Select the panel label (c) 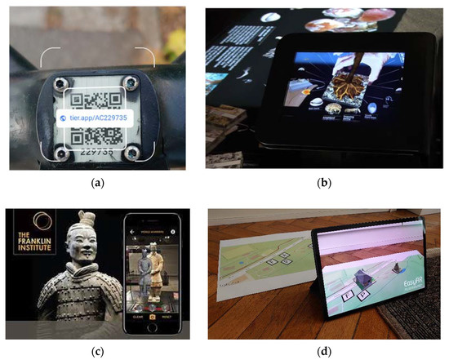[111, 353]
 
